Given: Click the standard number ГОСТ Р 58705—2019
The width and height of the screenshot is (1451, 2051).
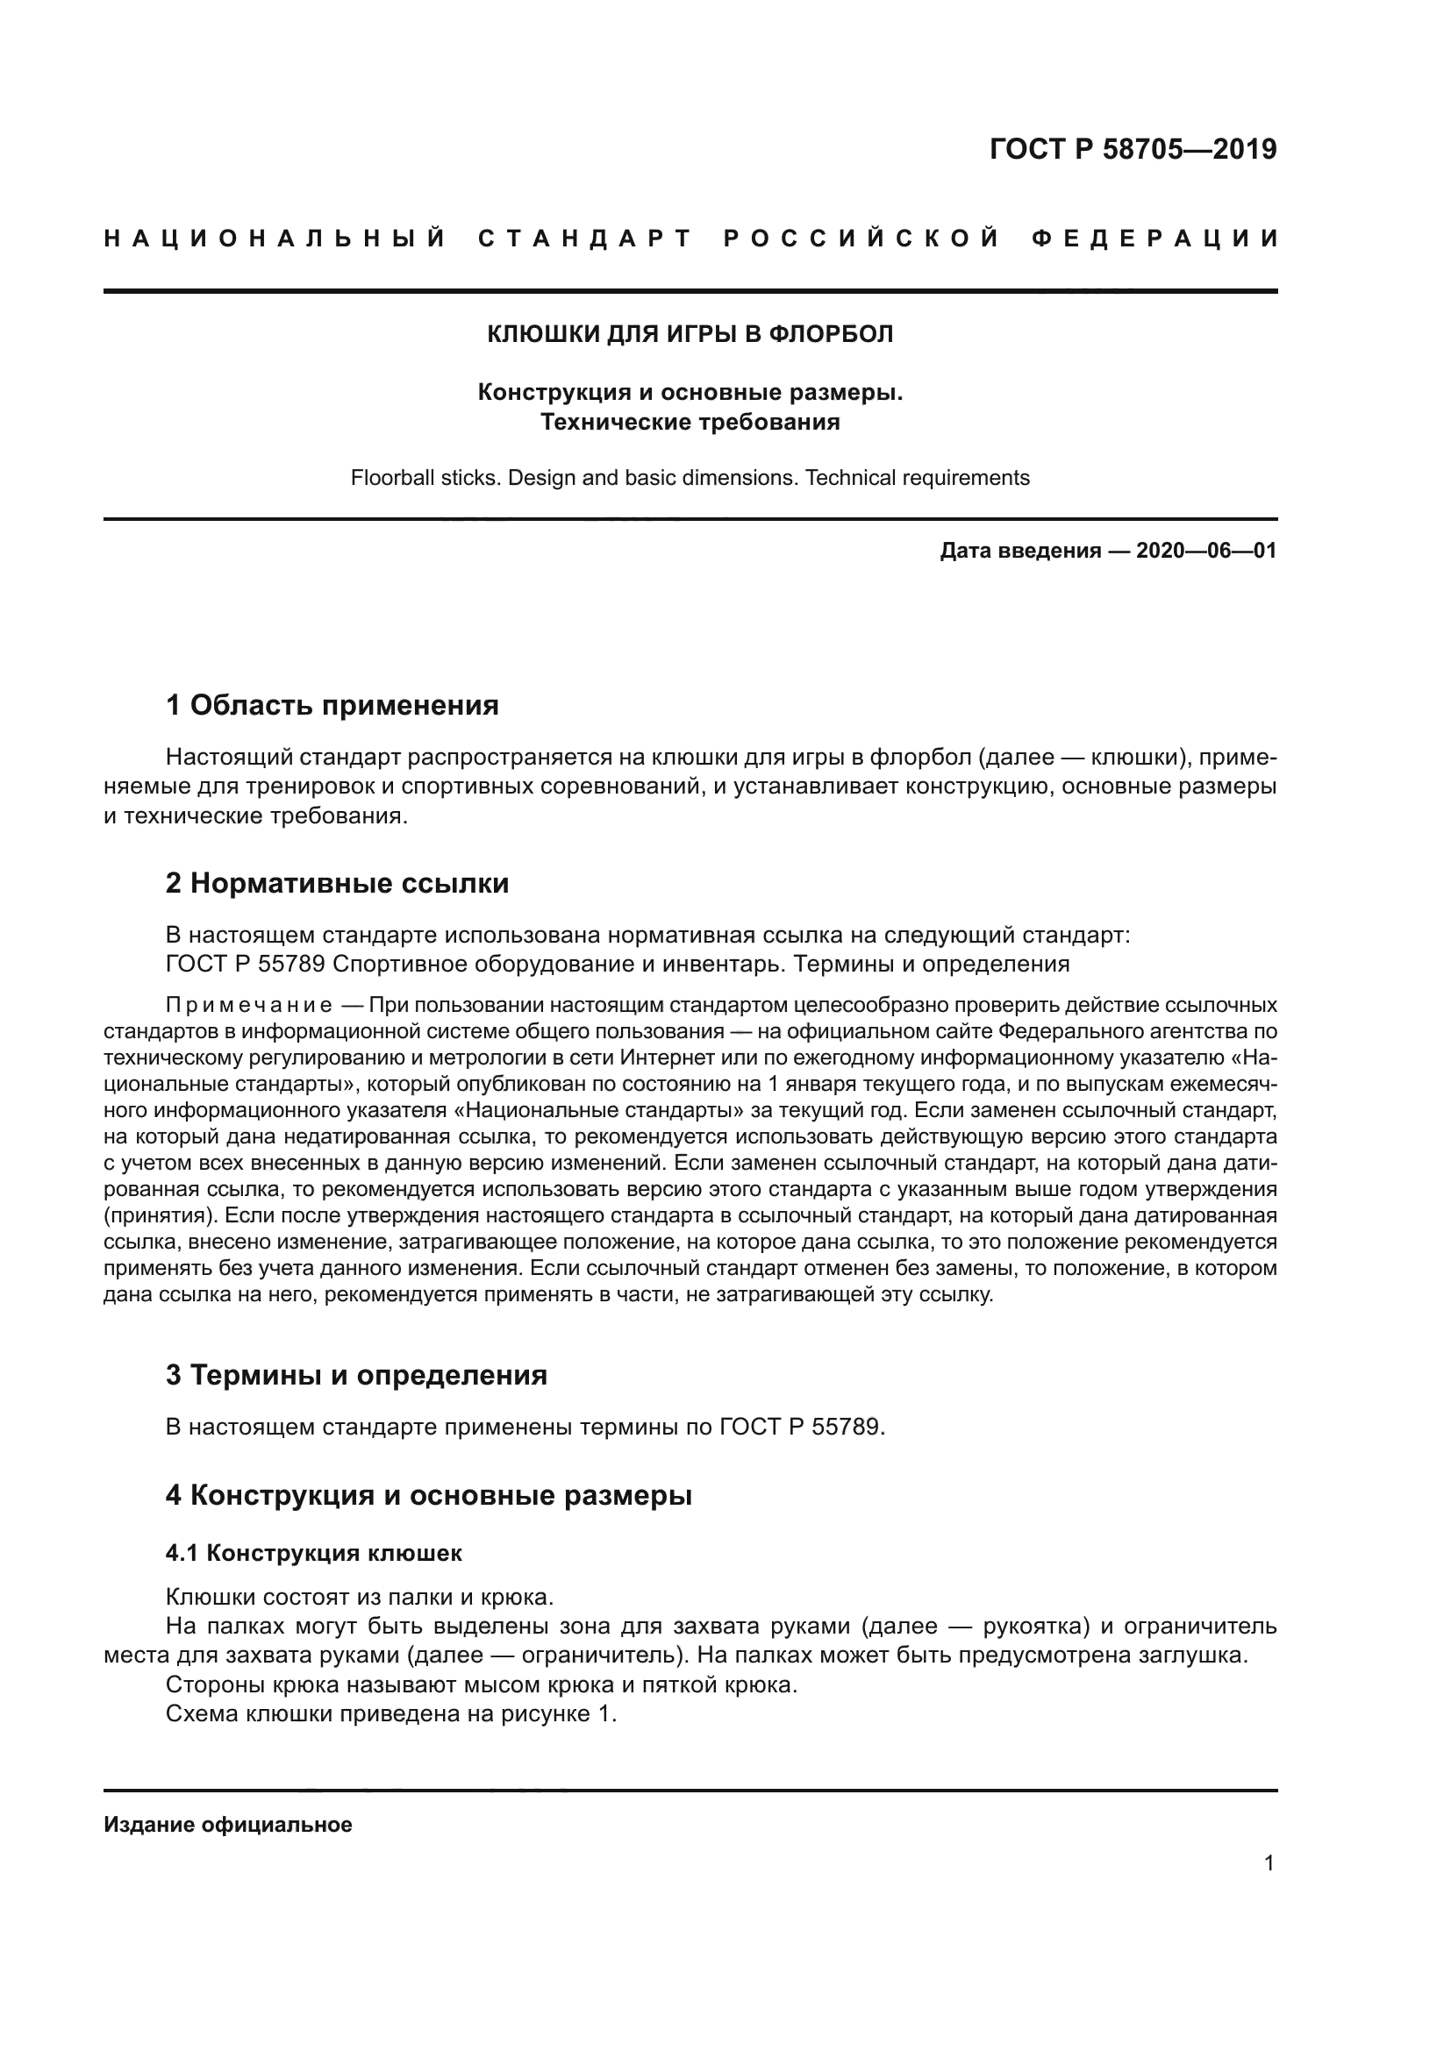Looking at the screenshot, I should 1132,148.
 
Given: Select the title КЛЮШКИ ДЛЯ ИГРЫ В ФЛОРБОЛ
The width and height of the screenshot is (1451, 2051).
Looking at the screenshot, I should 690,334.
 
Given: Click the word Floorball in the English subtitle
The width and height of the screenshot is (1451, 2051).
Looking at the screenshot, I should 389,478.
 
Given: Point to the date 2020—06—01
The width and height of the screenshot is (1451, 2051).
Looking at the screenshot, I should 1205,551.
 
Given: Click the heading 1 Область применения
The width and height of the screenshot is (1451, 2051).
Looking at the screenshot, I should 332,706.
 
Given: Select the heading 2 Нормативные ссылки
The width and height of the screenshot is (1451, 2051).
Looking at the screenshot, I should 337,884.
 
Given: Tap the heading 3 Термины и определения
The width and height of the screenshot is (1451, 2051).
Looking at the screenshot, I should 355,1375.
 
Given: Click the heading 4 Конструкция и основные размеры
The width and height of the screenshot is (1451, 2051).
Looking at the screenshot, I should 428,1495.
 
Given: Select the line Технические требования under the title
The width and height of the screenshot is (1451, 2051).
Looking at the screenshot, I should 690,423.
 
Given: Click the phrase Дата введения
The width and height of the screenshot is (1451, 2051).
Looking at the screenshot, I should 1019,551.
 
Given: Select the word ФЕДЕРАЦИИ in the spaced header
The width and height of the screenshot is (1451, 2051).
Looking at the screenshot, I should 1154,239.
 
